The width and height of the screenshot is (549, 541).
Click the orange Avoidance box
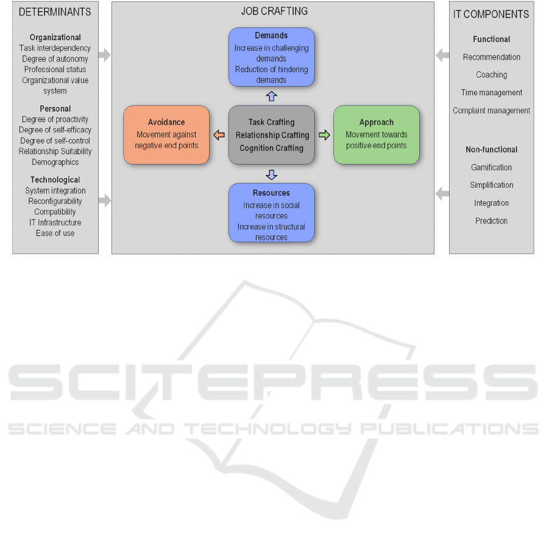point(166,135)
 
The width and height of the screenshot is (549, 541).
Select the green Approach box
point(377,135)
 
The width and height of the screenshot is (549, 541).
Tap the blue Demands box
point(271,57)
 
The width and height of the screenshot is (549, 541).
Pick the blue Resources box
point(271,212)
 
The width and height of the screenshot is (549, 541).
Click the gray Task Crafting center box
point(271,135)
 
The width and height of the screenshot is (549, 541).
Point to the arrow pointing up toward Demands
point(271,96)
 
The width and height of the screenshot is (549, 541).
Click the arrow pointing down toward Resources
point(271,174)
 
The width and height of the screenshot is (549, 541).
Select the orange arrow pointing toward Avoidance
point(219,135)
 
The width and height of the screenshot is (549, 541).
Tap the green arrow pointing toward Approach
point(324,135)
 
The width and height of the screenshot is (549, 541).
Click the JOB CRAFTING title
point(274,11)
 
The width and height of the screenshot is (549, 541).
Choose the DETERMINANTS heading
point(55,12)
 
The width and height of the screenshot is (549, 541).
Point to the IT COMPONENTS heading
point(491,14)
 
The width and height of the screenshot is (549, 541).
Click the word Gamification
point(491,168)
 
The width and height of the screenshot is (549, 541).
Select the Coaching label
point(491,74)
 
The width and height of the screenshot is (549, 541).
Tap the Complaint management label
point(491,110)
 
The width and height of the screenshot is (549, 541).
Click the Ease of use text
point(55,233)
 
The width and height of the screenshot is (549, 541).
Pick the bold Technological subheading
point(55,180)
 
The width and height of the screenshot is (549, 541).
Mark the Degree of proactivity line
point(55,119)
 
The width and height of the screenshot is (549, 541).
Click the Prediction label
point(491,221)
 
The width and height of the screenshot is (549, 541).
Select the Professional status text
point(55,70)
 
